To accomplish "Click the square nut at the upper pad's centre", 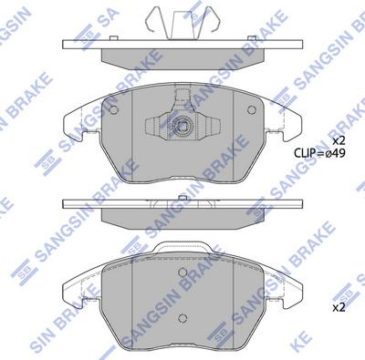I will pyautogui.click(x=183, y=127).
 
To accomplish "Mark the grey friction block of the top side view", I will pyautogui.click(x=182, y=57).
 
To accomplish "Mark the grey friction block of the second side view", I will pyautogui.click(x=182, y=219).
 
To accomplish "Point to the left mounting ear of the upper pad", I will pyautogui.click(x=77, y=133).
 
